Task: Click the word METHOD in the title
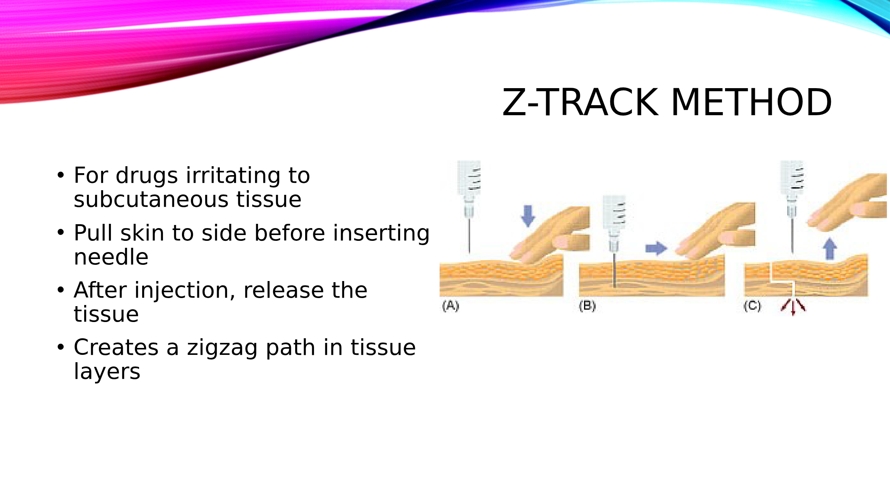[x=751, y=102]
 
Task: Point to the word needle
[x=111, y=257]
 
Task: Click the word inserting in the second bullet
[x=381, y=233]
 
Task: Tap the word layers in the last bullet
[x=107, y=371]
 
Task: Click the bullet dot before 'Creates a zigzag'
[x=61, y=347]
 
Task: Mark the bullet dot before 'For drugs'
[x=61, y=175]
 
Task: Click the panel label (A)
[x=450, y=306]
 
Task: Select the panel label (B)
[x=587, y=306]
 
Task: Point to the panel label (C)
[x=752, y=306]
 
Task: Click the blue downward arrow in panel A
[x=528, y=216]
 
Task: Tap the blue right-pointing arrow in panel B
[x=656, y=248]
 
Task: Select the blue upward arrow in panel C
[x=829, y=248]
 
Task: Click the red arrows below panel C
[x=793, y=307]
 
